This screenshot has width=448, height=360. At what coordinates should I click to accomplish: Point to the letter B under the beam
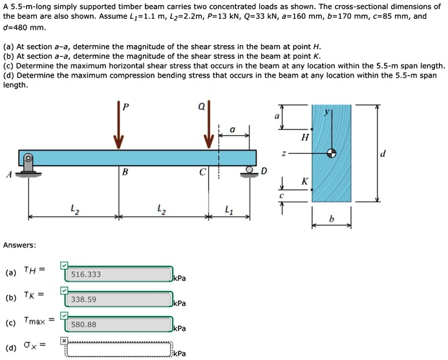125,173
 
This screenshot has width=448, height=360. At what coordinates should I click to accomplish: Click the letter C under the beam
202,173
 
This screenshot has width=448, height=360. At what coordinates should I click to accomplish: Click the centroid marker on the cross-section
332,153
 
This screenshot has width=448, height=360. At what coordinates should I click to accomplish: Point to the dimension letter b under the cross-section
332,220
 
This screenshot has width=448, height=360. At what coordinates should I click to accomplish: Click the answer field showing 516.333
118,274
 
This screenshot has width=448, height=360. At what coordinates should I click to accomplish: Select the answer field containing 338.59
118,299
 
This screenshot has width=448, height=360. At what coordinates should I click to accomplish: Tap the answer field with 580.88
118,324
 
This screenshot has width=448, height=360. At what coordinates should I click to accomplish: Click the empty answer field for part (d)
118,350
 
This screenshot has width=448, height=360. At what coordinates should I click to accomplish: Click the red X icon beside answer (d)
63,340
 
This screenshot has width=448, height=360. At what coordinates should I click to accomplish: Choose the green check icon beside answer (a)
63,264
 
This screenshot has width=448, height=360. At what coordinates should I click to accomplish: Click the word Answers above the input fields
19,245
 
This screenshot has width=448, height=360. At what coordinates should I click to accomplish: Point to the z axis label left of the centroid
283,154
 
